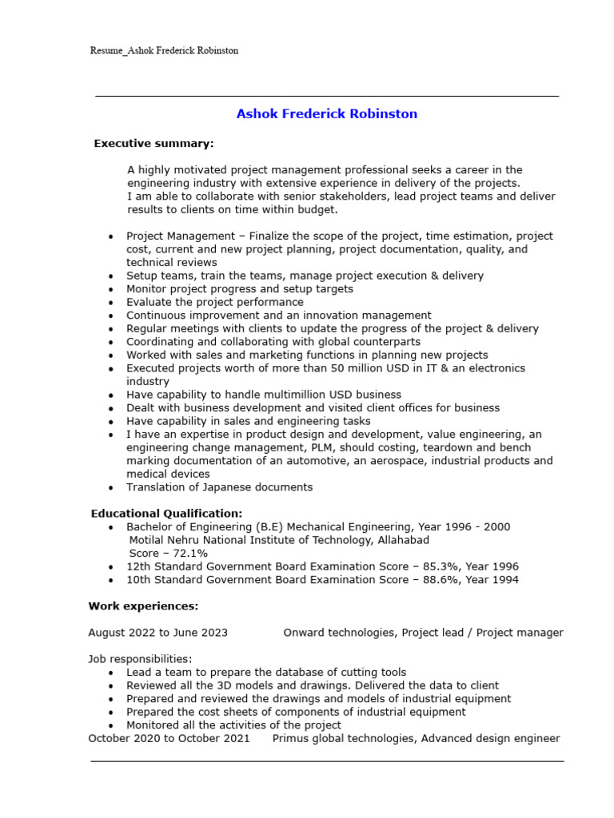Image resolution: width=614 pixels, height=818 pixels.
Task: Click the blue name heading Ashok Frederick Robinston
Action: coord(326,114)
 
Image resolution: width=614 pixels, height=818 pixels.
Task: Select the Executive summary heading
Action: coord(153,144)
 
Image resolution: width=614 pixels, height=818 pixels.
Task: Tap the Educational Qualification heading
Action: coord(166,514)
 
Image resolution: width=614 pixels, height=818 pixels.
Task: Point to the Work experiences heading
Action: coord(143,606)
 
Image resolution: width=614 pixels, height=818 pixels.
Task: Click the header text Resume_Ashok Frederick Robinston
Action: coord(164,50)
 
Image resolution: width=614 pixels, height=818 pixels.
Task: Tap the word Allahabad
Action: coord(401,540)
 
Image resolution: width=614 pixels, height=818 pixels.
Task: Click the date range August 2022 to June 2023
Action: coord(157,633)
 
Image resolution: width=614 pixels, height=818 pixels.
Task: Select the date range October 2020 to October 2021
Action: coord(169,738)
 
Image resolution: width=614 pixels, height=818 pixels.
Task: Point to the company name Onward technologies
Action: coord(339,633)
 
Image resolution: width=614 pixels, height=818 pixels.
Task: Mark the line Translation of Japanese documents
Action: coord(219,487)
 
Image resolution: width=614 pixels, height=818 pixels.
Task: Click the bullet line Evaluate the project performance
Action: coord(214,302)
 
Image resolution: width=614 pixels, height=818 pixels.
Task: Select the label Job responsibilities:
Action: coord(140,659)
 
